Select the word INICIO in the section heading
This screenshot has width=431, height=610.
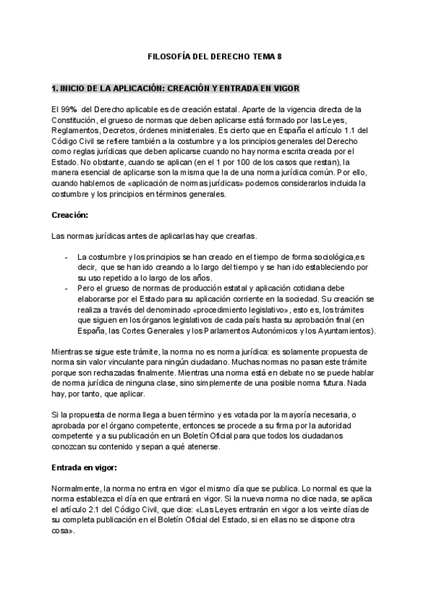(77, 89)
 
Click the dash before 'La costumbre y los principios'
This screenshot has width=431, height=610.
(67, 257)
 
